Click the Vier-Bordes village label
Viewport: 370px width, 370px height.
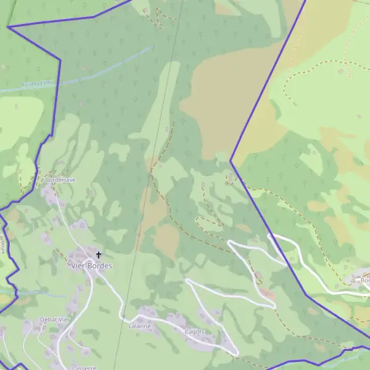click(x=91, y=266)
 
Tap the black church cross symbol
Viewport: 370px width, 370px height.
click(x=98, y=254)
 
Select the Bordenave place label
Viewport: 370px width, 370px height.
click(x=60, y=179)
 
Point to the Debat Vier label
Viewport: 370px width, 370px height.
click(x=55, y=319)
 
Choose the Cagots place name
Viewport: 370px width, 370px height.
click(x=195, y=331)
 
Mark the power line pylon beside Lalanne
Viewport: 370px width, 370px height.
click(x=123, y=316)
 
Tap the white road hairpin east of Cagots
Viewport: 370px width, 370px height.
click(x=236, y=353)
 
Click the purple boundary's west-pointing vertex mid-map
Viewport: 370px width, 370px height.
click(x=231, y=162)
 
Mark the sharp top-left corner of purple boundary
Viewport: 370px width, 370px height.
click(x=7, y=27)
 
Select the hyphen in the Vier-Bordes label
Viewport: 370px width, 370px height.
click(x=86, y=266)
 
